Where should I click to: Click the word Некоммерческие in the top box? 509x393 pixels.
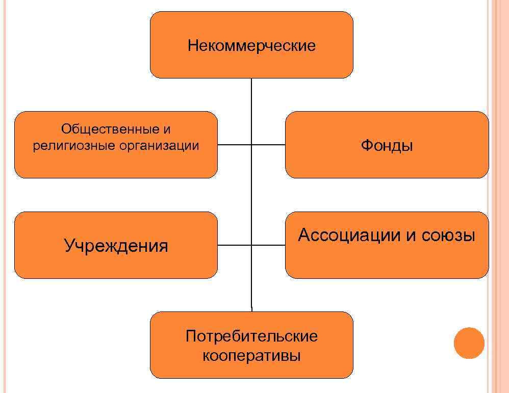tap(251, 46)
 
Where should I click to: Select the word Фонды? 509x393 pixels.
tap(387, 146)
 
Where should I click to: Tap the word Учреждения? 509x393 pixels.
tap(116, 246)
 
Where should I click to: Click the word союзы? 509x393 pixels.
tap(448, 235)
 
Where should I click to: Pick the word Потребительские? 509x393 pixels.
tap(251, 336)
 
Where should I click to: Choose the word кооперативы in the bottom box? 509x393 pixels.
tap(251, 355)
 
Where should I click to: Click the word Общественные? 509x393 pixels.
tap(107, 129)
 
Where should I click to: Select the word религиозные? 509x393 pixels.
tap(74, 146)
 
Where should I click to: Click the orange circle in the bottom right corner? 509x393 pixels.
tap(469, 343)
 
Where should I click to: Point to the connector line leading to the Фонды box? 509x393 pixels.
tap(269, 145)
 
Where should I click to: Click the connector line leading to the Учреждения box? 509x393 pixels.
tap(235, 245)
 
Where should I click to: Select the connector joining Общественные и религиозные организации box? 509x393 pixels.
tap(235, 145)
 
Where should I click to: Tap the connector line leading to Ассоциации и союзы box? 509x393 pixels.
tap(269, 245)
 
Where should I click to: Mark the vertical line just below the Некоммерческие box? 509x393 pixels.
tap(251, 94)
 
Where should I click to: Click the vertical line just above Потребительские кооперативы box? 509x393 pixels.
tap(251, 296)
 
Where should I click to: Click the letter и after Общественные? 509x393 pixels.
tap(167, 129)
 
